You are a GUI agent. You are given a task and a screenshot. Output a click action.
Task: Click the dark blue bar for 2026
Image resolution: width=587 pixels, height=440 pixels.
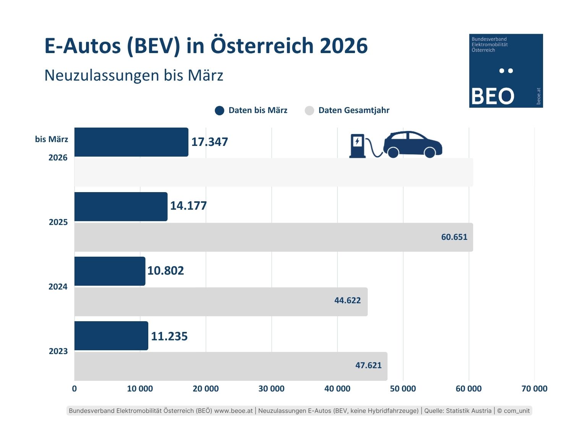(x=131, y=142)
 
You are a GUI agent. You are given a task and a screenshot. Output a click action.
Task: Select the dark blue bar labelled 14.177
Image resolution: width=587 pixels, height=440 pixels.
(x=121, y=207)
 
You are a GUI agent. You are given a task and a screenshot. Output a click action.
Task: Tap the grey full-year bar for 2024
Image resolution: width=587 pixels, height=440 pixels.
(x=221, y=302)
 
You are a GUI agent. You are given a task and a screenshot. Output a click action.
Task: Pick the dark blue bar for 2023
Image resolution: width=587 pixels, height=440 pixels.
(x=111, y=336)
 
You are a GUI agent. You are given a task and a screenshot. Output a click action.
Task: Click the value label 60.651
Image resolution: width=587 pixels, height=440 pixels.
(x=454, y=237)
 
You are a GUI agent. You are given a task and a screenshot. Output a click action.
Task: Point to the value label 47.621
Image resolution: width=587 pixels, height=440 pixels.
(x=368, y=366)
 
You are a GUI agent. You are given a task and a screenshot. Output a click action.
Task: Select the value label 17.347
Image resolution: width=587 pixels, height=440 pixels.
(x=209, y=142)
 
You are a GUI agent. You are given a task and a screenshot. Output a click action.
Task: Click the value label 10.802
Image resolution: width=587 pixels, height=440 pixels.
(x=165, y=271)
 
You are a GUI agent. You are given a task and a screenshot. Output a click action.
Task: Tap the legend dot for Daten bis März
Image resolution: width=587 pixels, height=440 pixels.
(x=219, y=111)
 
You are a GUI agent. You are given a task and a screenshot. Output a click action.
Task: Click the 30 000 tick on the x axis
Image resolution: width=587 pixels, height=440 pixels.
(x=271, y=389)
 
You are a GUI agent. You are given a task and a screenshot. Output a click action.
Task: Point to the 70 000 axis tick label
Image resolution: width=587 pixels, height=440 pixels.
(x=534, y=389)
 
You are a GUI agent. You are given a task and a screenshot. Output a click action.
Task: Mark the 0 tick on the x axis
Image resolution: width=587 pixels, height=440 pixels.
(x=74, y=389)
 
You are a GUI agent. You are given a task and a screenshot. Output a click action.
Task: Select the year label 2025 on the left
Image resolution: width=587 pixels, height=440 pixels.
(x=58, y=222)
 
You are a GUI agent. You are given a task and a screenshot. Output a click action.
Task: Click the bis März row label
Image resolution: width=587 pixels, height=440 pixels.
(x=52, y=139)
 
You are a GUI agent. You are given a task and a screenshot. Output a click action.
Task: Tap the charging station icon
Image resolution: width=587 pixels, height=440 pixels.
(x=357, y=146)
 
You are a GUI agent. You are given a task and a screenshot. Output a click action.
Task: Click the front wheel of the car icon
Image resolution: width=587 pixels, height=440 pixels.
(x=430, y=152)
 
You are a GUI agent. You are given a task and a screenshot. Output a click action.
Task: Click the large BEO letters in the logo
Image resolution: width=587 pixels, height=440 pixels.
(x=493, y=96)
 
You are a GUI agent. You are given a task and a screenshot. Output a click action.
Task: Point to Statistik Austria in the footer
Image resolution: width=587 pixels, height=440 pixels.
(x=469, y=411)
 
